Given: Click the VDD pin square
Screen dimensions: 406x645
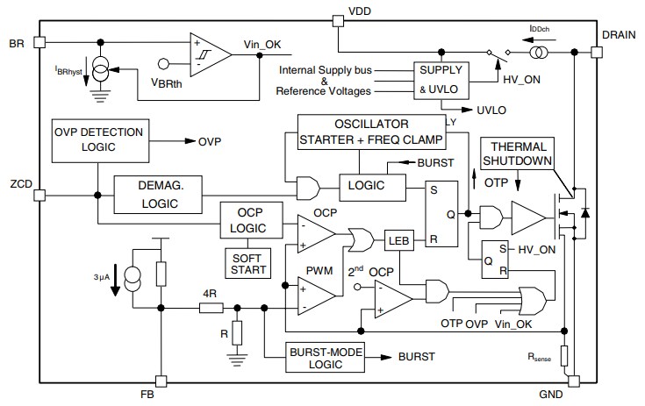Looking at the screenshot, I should coord(337,18).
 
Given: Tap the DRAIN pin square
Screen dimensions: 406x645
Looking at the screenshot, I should coord(597,52).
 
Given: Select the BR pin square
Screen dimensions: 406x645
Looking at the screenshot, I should coord(37,41).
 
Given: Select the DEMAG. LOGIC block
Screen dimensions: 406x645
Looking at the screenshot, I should coord(158,194).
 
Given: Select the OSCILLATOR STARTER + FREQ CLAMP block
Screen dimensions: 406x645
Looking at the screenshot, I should coord(371,131).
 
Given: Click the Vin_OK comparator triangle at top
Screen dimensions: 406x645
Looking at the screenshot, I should coord(210,53).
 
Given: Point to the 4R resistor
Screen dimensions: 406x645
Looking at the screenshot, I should coord(210,308).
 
